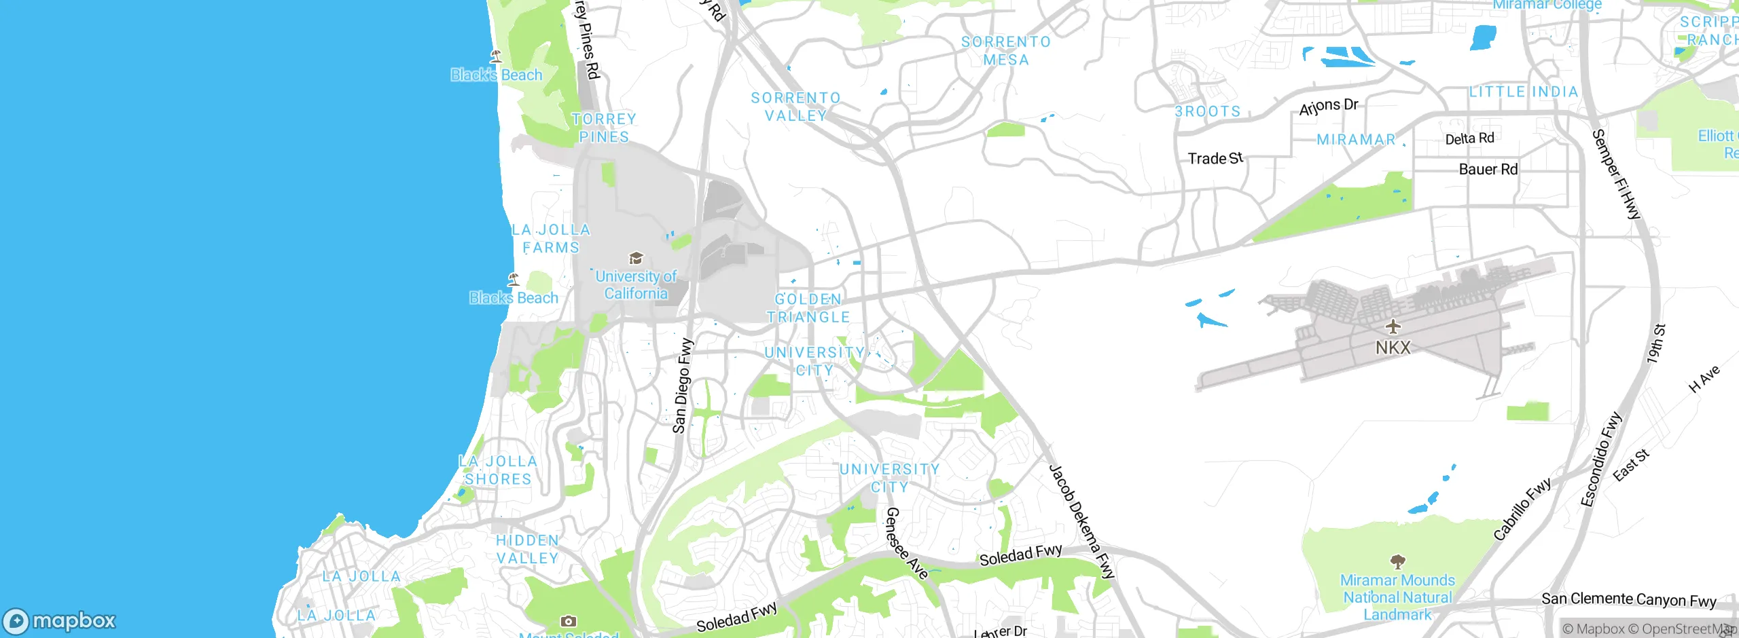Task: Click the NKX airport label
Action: [1393, 348]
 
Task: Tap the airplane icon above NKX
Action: [1393, 326]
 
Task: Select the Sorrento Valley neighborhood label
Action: [795, 107]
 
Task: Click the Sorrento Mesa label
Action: [1006, 51]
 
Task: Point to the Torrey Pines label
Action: [604, 128]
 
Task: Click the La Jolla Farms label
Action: [551, 239]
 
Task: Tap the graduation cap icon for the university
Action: [636, 258]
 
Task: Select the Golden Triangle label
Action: [808, 308]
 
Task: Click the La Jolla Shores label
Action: [498, 470]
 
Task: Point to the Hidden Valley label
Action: [527, 549]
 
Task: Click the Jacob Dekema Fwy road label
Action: [1081, 521]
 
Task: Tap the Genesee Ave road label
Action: [906, 543]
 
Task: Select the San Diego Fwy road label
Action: [682, 386]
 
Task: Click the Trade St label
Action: [1215, 159]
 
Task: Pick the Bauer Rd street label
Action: [1488, 169]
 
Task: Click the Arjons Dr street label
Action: [1328, 107]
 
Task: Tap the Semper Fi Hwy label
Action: [1616, 174]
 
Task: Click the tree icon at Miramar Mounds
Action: [1397, 561]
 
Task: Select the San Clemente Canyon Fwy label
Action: [1628, 599]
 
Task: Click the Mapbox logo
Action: [60, 621]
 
